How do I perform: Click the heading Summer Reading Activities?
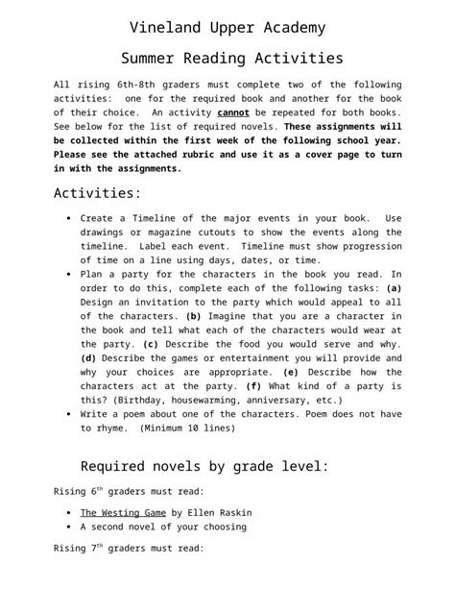(227, 59)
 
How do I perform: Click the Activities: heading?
(97, 192)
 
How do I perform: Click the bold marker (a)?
(393, 287)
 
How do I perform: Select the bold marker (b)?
(193, 315)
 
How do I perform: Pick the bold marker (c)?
(151, 343)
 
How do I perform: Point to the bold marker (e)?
(292, 371)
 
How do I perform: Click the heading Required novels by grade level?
(204, 467)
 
